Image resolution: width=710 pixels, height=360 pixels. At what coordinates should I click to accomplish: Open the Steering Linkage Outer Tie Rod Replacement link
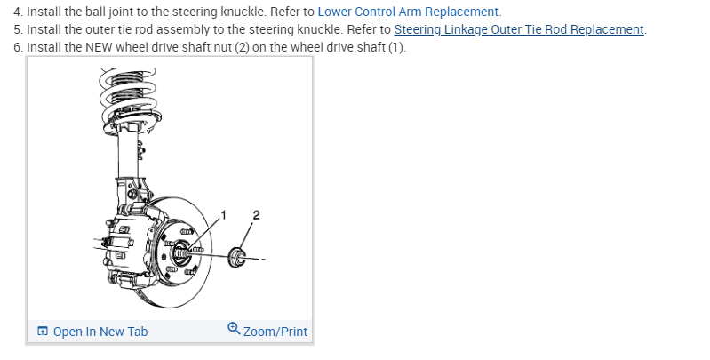519,29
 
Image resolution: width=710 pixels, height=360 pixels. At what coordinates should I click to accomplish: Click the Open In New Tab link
100,332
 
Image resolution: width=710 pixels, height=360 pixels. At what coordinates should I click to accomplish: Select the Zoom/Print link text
275,332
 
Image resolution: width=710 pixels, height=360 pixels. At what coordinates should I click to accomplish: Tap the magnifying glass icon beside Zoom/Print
234,329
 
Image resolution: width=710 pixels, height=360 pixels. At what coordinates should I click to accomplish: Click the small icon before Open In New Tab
43,332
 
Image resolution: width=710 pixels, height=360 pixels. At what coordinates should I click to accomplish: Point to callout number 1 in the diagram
224,214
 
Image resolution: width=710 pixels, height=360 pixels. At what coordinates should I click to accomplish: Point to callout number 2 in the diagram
256,214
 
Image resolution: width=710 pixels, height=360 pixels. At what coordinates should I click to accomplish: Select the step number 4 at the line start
17,12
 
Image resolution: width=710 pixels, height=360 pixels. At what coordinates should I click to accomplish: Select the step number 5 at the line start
17,29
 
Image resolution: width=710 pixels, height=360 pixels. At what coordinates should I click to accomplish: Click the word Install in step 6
44,47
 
